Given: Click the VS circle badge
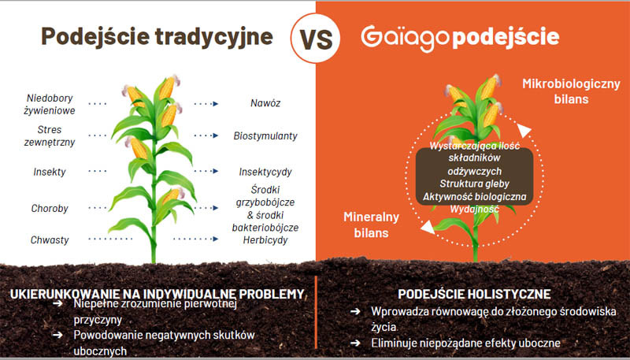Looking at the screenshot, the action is click(316, 38).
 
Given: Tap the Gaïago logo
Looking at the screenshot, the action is click(405, 37).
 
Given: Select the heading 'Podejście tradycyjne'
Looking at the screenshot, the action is click(157, 36).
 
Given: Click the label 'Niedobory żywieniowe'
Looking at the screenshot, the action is click(50, 105).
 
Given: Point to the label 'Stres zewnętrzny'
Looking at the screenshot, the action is click(50, 135).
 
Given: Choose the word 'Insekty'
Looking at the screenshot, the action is click(50, 172).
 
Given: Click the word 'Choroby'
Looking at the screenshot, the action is click(50, 209).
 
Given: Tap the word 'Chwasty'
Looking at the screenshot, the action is click(50, 239).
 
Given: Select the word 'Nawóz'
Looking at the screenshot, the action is click(265, 103).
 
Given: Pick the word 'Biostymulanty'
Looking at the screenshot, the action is click(265, 135).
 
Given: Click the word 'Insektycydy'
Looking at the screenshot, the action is click(265, 172).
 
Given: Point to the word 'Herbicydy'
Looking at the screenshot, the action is click(265, 240).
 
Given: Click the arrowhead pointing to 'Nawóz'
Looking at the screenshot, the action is click(216, 104).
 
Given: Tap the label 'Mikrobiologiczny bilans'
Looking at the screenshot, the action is click(571, 91).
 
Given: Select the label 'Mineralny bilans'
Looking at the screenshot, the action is click(371, 225).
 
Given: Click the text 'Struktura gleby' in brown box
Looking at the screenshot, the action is click(474, 184).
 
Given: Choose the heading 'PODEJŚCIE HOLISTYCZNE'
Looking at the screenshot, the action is click(474, 294).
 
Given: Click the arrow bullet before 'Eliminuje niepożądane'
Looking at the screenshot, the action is click(355, 343).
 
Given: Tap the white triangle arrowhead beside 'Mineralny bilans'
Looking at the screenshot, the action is click(428, 227).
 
